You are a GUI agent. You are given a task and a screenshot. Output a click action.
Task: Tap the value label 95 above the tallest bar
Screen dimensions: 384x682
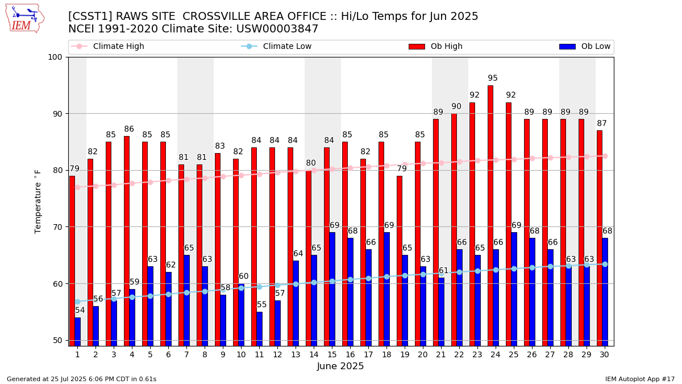click(493, 79)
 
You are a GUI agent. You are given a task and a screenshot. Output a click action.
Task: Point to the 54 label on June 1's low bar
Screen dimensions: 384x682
click(80, 311)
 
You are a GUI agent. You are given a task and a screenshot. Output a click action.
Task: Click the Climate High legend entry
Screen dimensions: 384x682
click(118, 47)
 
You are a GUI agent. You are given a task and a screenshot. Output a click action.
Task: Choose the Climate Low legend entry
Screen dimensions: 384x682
click(287, 47)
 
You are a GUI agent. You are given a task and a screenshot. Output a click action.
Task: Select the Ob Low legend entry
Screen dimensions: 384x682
click(596, 47)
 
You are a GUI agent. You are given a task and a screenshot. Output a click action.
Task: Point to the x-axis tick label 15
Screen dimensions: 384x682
click(332, 354)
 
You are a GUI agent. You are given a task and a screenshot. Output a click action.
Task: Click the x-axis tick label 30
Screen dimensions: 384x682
click(605, 354)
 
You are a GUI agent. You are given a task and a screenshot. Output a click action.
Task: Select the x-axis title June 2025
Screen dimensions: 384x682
click(340, 366)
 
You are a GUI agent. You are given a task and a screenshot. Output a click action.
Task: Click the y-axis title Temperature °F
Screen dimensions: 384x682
click(38, 201)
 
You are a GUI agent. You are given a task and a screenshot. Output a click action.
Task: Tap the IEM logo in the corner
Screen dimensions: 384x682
click(24, 18)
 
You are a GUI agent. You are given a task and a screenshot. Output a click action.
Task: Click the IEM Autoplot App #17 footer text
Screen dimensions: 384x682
click(640, 379)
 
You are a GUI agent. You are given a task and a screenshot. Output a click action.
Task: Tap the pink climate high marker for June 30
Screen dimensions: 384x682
click(605, 156)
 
